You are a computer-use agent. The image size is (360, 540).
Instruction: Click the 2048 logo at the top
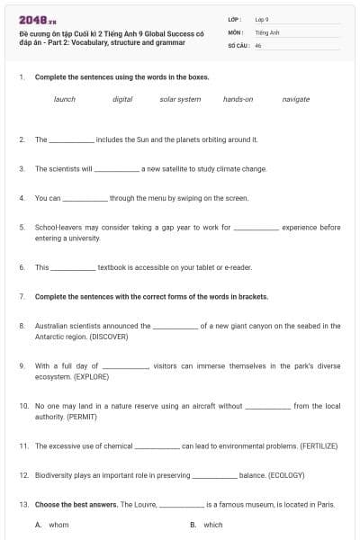[37, 21]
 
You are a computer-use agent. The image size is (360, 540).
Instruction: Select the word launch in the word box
[65, 99]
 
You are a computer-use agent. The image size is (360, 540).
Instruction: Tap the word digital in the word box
[122, 99]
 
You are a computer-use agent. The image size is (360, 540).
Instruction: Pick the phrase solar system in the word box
[180, 99]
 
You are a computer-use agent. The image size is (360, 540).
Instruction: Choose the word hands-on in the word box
[238, 99]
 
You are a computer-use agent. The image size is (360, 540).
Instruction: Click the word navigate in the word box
[295, 99]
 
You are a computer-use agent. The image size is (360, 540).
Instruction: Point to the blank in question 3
[117, 169]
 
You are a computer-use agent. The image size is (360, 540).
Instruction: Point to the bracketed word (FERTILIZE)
[316, 445]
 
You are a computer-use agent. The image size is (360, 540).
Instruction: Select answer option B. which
[207, 525]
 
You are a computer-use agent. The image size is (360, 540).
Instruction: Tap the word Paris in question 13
[326, 505]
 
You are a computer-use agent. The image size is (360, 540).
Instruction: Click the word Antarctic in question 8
[50, 337]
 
